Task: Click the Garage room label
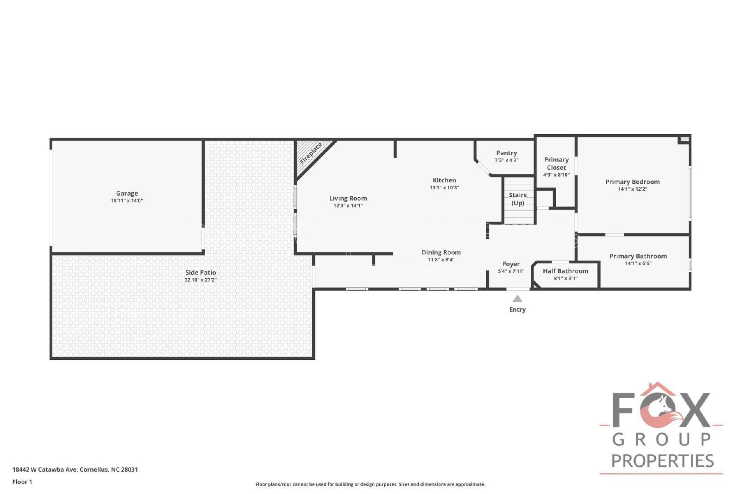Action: [x=127, y=194]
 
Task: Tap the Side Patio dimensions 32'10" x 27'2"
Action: [x=201, y=280]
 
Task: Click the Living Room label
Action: [x=348, y=198]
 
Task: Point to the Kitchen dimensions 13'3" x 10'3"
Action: [x=444, y=188]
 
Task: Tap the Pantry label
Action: [x=506, y=153]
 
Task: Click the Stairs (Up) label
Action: [x=517, y=199]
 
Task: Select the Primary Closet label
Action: [x=556, y=163]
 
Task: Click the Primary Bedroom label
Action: [x=632, y=182]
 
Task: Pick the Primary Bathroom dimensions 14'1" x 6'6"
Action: [x=638, y=263]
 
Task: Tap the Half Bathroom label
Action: [x=565, y=271]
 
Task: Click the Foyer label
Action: [x=511, y=264]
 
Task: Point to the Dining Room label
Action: [x=441, y=252]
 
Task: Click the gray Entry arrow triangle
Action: [x=517, y=299]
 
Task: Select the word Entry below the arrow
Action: [x=517, y=310]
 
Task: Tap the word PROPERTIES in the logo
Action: [x=662, y=461]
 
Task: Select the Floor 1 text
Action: [x=22, y=482]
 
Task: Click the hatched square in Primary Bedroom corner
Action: [x=684, y=139]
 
